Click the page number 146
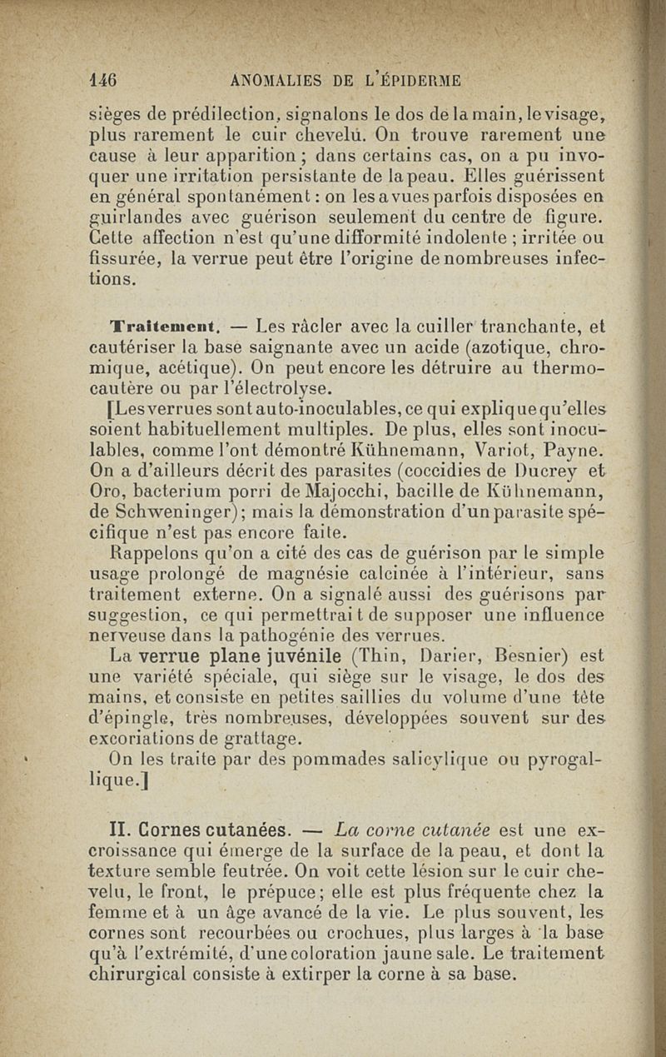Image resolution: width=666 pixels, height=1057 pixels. (x=102, y=80)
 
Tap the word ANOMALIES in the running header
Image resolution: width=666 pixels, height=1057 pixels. (x=274, y=80)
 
